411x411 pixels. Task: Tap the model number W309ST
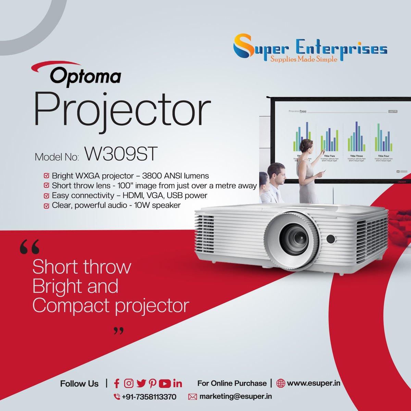121,154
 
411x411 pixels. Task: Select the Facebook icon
116,384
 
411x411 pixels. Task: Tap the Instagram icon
128,384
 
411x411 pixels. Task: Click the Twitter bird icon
141,384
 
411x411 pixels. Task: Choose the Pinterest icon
152,384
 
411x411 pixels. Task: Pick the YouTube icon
165,384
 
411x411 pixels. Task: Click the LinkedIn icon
177,384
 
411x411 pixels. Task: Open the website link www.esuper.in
313,383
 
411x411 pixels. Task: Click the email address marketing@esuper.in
236,397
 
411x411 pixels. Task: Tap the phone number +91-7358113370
149,397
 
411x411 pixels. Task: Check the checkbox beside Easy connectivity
46,196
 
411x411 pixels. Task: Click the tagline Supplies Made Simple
304,59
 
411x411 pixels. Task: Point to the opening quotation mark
29,247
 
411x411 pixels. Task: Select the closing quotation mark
118,331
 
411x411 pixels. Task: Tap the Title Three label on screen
356,156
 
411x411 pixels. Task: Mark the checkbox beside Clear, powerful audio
46,206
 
